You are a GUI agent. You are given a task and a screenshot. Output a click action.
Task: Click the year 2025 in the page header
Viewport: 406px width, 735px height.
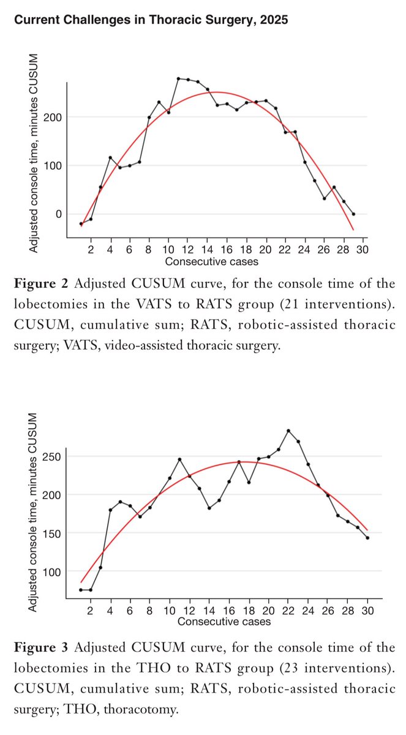[274, 20]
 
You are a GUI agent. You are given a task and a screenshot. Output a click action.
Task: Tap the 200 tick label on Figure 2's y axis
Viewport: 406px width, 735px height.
[53, 117]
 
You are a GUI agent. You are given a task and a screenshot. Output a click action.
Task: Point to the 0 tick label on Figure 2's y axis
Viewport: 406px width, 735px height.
[59, 214]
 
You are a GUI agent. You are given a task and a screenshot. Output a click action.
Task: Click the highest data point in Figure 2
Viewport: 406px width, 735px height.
[178, 79]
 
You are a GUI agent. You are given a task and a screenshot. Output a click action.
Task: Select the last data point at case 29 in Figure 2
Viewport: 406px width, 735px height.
[353, 214]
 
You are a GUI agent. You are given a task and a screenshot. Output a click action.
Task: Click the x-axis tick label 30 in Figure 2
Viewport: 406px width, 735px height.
[363, 250]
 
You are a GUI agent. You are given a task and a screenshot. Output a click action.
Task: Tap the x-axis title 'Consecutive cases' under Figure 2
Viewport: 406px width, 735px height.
[211, 262]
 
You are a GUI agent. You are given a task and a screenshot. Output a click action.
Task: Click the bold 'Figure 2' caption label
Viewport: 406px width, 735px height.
[41, 284]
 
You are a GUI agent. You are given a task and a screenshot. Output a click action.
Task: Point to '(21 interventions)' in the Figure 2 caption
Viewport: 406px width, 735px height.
[337, 304]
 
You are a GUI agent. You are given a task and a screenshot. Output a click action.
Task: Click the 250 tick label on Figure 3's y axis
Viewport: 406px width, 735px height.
[52, 456]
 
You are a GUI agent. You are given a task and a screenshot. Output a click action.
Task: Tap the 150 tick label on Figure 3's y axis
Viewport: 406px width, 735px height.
[52, 533]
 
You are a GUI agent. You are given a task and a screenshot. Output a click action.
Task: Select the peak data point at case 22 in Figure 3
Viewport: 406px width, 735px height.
[288, 431]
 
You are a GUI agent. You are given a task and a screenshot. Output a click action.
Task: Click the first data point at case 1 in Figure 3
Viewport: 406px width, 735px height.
[81, 590]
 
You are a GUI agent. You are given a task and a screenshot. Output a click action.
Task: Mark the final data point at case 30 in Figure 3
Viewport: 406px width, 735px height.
[367, 538]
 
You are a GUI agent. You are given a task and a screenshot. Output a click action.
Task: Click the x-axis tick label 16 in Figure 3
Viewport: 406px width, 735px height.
[229, 611]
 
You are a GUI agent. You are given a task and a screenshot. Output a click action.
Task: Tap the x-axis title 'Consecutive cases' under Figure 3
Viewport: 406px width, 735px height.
[224, 622]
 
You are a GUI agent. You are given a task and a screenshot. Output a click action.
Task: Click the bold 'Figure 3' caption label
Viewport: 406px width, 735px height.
[41, 647]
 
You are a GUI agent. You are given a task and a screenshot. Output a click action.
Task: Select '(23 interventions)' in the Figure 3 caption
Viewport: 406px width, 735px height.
[337, 668]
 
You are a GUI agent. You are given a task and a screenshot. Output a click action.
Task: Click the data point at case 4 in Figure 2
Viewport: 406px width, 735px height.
[110, 157]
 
